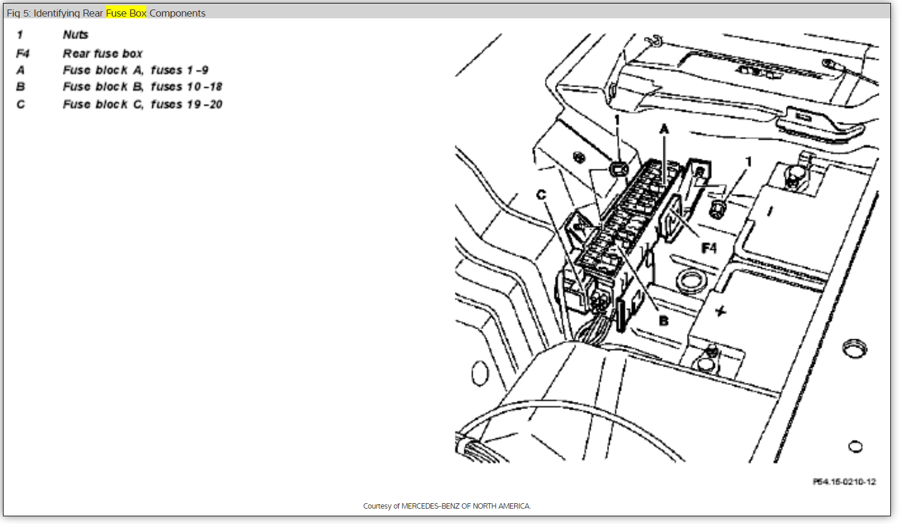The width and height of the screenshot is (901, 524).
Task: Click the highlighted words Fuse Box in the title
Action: pyautogui.click(x=126, y=13)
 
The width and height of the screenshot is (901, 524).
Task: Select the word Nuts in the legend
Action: pyautogui.click(x=75, y=35)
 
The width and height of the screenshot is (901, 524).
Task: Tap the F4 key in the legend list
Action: pyautogui.click(x=23, y=54)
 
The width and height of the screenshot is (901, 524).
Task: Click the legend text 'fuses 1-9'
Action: pyautogui.click(x=179, y=70)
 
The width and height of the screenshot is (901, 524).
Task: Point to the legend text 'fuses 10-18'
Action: pyautogui.click(x=186, y=87)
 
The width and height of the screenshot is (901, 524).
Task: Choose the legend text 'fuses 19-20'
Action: pyautogui.click(x=186, y=105)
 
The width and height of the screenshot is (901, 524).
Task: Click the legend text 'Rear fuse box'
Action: pyautogui.click(x=102, y=54)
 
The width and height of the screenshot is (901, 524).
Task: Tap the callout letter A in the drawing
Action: pyautogui.click(x=664, y=129)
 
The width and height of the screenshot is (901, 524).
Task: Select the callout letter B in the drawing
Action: pyautogui.click(x=663, y=320)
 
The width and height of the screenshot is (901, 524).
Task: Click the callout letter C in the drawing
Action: pyautogui.click(x=541, y=195)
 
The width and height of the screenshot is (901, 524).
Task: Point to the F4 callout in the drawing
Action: pyautogui.click(x=708, y=247)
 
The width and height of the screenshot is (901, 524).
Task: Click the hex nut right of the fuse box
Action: pyautogui.click(x=717, y=208)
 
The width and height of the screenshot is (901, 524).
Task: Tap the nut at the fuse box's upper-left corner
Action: pyautogui.click(x=618, y=169)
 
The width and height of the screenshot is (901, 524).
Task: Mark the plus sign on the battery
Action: pyautogui.click(x=720, y=311)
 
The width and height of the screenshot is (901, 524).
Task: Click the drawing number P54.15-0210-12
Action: pyautogui.click(x=844, y=482)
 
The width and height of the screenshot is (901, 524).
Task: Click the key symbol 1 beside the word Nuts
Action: pyautogui.click(x=20, y=35)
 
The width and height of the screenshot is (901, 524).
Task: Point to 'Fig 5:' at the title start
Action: pyautogui.click(x=18, y=13)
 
